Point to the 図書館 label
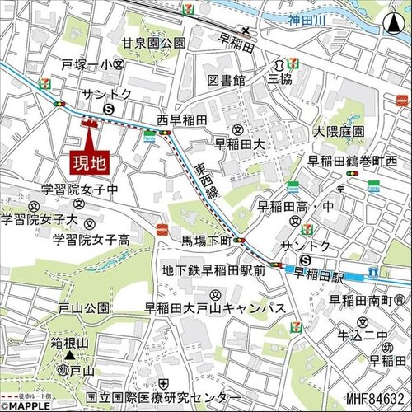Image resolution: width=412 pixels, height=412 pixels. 227,80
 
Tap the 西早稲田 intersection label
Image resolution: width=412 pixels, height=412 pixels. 198,119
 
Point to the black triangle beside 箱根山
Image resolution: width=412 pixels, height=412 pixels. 71,356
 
